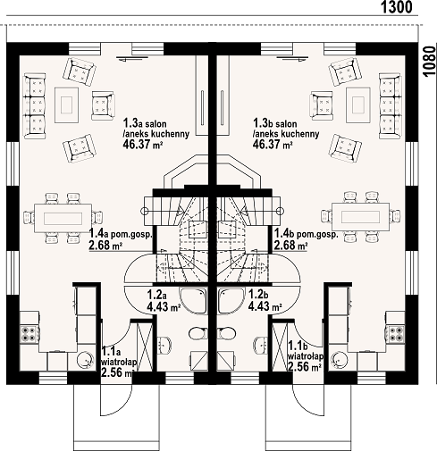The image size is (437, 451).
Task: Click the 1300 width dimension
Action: [x=397, y=7]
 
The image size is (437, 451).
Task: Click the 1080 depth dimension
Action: [x=429, y=62]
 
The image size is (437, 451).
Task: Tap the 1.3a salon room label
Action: [x=145, y=123]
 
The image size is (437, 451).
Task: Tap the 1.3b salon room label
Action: [x=275, y=123]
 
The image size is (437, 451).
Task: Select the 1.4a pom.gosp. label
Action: [x=121, y=234]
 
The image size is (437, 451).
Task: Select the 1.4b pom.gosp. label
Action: [x=307, y=234]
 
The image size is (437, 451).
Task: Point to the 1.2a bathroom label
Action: [x=156, y=295]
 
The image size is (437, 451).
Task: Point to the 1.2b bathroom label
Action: [x=258, y=295]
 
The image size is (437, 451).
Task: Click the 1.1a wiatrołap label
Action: [x=119, y=357]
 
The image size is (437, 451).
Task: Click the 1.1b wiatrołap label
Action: [x=306, y=351]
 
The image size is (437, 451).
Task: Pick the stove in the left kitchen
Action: [x=29, y=334]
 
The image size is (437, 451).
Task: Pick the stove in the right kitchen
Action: [x=395, y=334]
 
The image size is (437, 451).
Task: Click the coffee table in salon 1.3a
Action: [x=66, y=104]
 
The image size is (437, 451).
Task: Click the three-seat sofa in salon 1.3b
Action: [x=391, y=106]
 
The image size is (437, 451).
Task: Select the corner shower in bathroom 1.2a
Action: [x=193, y=301]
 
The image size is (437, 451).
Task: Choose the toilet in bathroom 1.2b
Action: [x=227, y=333]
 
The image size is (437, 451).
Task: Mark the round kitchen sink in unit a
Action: [x=84, y=359]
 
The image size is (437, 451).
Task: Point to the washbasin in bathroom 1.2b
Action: [x=261, y=346]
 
